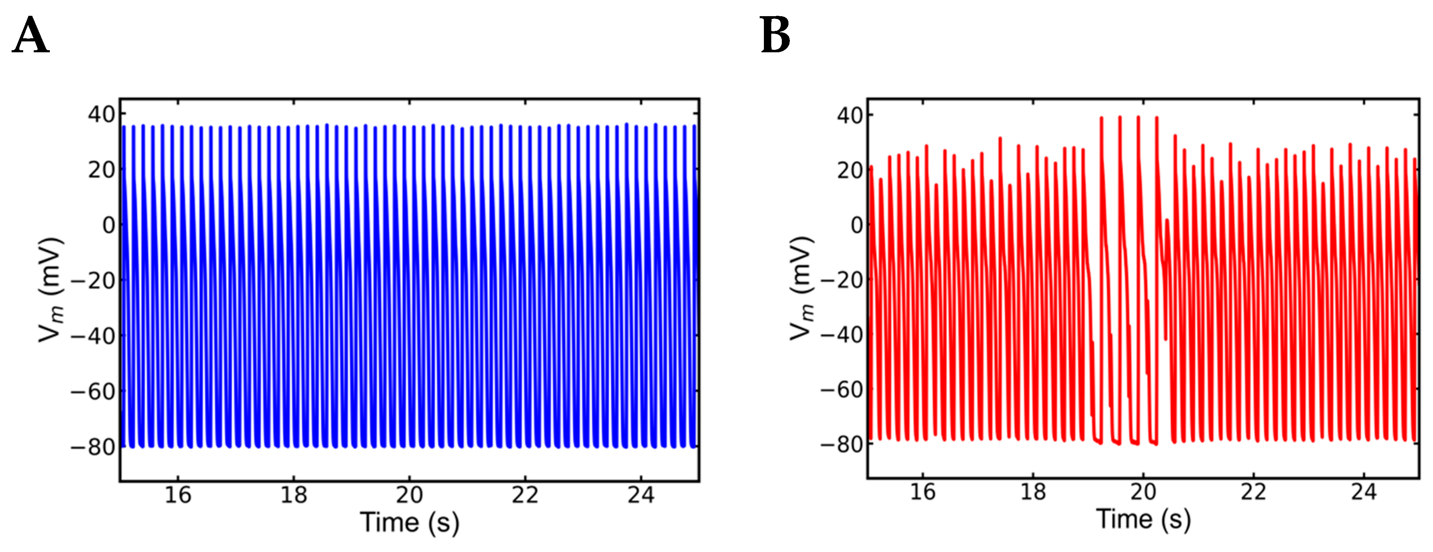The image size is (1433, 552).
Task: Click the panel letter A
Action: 31,35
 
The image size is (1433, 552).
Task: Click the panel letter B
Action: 775,35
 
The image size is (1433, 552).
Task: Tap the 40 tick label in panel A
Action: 101,114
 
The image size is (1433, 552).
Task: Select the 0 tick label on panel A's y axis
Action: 108,225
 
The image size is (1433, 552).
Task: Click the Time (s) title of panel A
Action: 409,523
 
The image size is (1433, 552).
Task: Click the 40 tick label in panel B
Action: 850,115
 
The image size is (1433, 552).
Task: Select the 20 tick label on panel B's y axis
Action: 850,170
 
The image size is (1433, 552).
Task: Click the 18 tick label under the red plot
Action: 1033,491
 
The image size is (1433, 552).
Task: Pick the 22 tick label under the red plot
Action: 1253,491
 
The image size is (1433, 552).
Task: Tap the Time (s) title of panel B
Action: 1143,519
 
